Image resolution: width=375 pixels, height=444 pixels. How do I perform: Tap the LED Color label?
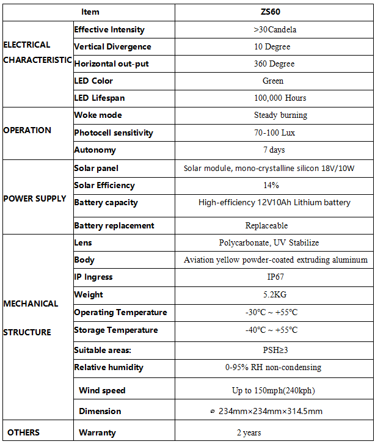coord(93,81)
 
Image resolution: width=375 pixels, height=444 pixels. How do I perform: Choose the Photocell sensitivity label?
coord(114,133)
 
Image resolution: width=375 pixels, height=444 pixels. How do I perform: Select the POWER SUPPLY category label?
coord(35,198)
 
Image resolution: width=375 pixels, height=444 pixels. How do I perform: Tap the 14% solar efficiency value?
coord(271,185)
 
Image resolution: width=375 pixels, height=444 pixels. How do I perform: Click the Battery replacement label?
coord(114,225)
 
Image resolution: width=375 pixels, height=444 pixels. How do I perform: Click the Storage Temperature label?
coord(116,330)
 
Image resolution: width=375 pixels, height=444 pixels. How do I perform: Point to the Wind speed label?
coord(102,390)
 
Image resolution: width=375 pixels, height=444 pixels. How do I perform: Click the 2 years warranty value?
coord(249,432)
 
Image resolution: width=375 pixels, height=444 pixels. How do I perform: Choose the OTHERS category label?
coord(24,432)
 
